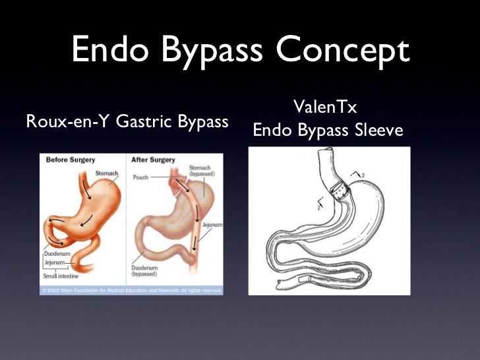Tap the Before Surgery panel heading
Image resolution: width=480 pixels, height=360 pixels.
[x=71, y=160]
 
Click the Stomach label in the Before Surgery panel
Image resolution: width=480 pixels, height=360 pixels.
[x=106, y=173]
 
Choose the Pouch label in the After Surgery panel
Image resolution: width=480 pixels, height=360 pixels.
[x=140, y=177]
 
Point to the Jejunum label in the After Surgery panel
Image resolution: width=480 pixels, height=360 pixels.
[x=212, y=225]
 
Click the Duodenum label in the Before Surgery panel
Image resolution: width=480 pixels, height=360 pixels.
[x=57, y=254]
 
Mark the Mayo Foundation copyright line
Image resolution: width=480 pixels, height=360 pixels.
[x=131, y=289]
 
